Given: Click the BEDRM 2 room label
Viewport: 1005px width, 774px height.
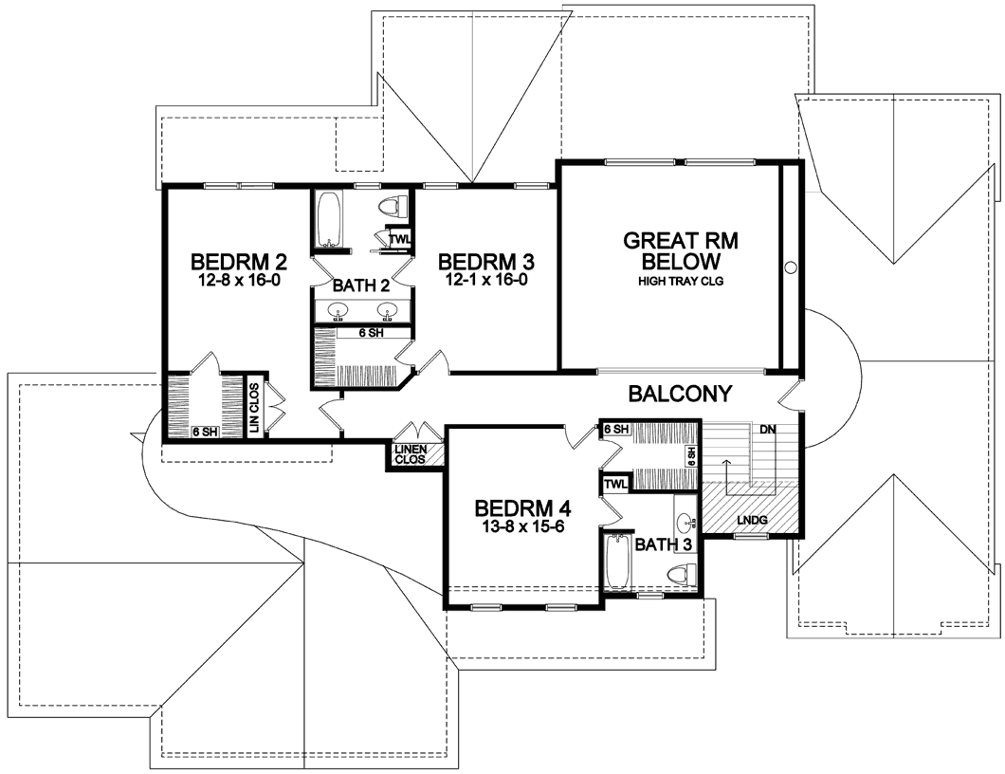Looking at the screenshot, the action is pyautogui.click(x=238, y=262).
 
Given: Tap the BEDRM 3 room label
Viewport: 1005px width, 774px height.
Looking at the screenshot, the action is pyautogui.click(x=485, y=262).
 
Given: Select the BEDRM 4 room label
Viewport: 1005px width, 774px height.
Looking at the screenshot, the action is pyautogui.click(x=522, y=508).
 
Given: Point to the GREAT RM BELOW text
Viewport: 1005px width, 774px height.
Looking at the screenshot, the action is pyautogui.click(x=681, y=250).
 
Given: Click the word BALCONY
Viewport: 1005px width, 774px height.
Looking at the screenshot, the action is pyautogui.click(x=680, y=393).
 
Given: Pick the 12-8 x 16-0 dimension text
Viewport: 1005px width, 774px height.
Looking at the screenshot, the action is pyautogui.click(x=238, y=280).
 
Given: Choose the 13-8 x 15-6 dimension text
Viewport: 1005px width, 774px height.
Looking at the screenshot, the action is pyautogui.click(x=522, y=527).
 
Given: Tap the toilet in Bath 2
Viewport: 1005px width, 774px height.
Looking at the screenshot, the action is pyautogui.click(x=393, y=205).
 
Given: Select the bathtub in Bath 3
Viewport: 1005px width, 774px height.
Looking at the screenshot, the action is pyautogui.click(x=618, y=562).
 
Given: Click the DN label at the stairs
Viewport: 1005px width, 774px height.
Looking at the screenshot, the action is pyautogui.click(x=768, y=429).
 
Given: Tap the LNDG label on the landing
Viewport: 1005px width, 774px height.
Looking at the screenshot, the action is pyautogui.click(x=752, y=520).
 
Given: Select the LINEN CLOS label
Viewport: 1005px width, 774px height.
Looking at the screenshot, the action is pyautogui.click(x=411, y=454).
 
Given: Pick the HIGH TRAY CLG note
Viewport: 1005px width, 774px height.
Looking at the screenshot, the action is pyautogui.click(x=681, y=281).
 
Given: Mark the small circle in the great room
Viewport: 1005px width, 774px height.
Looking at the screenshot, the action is pyautogui.click(x=791, y=267).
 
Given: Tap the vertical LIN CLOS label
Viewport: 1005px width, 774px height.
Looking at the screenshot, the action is pyautogui.click(x=255, y=407).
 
